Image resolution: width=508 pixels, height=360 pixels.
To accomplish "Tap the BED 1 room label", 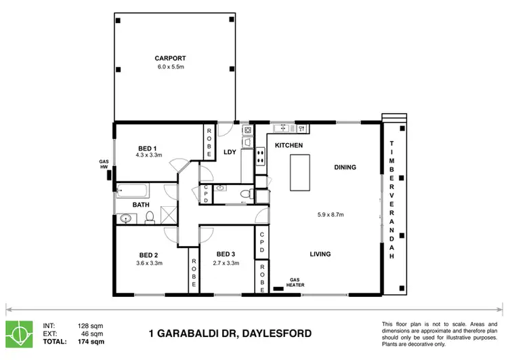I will pyautogui.click(x=148, y=148).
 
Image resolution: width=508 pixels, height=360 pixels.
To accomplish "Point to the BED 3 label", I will pyautogui.click(x=226, y=255).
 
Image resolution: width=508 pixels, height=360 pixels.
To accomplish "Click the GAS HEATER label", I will pyautogui.click(x=295, y=283).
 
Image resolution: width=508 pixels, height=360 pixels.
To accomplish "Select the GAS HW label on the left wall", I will pyautogui.click(x=104, y=163).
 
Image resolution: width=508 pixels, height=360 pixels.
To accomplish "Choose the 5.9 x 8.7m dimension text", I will pyautogui.click(x=331, y=215).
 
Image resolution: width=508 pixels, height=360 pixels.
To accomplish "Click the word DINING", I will pyautogui.click(x=345, y=167).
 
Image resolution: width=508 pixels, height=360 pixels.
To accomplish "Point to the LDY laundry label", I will pyautogui.click(x=230, y=152).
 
